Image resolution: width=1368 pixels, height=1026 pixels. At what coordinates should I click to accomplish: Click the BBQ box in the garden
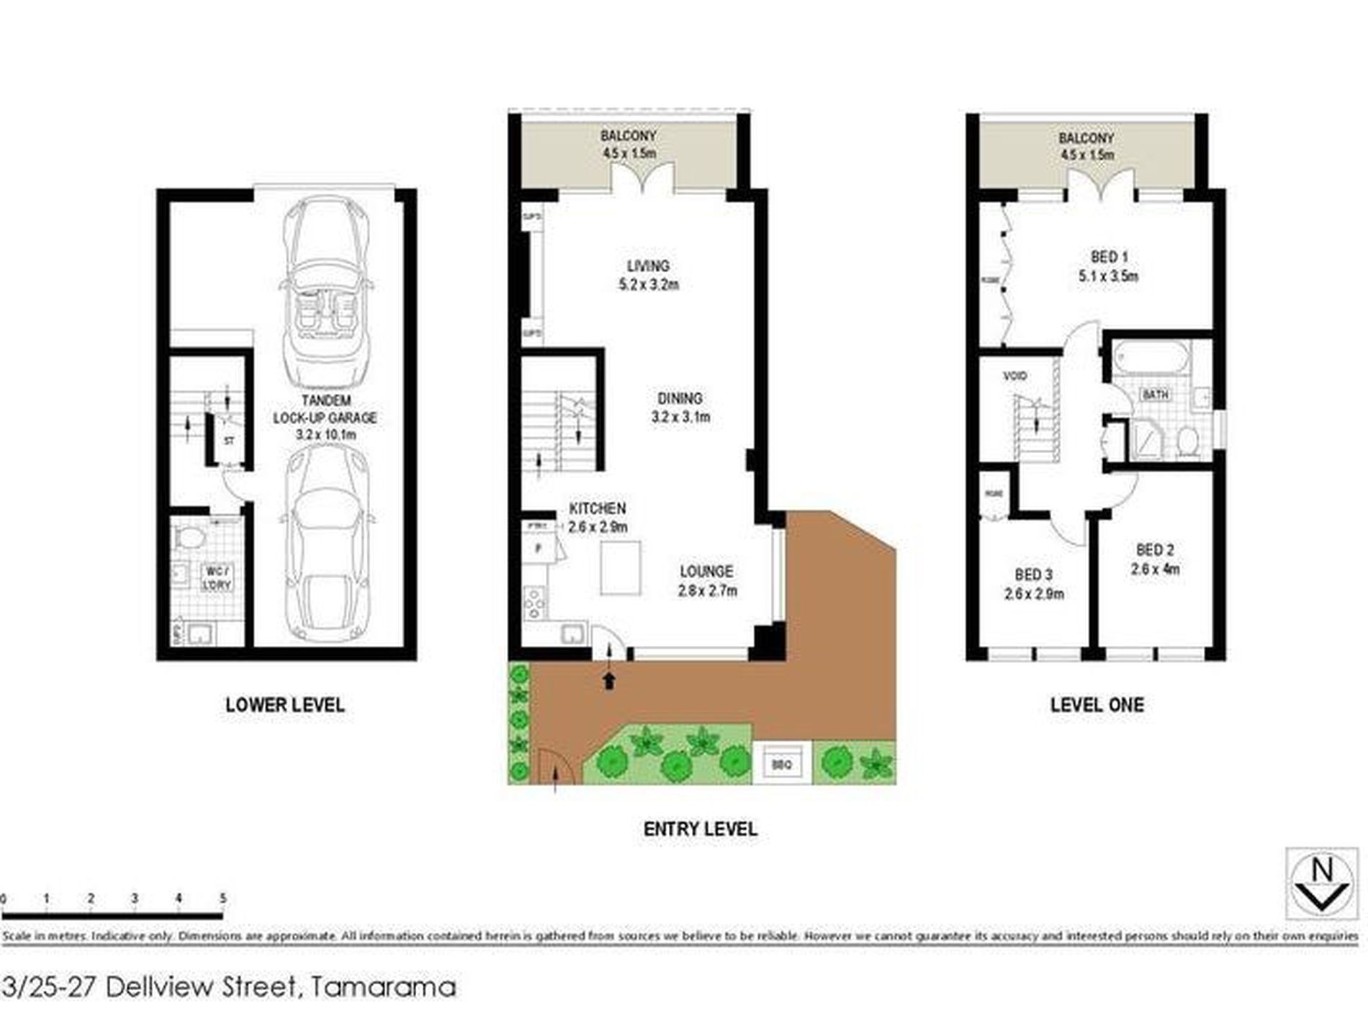(781, 765)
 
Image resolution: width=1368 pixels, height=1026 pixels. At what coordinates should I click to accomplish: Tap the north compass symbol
(1322, 884)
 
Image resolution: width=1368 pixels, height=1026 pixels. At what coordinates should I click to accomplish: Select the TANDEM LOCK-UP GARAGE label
(325, 418)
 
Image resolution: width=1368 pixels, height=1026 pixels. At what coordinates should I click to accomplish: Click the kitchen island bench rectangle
(621, 568)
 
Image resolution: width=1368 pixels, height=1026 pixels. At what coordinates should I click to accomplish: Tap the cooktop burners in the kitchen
(534, 603)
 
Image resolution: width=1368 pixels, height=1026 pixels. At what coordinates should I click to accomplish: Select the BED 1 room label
(1109, 257)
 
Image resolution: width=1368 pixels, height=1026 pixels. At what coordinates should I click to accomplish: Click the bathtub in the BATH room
(1151, 357)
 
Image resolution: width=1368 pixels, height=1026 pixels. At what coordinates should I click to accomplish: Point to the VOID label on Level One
(1015, 376)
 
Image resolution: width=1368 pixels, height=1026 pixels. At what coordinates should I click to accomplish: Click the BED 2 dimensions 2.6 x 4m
(1155, 570)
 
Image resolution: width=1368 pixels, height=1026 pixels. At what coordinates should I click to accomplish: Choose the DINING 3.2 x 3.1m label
(680, 408)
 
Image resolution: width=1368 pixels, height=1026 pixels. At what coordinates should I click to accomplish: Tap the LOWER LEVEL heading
(285, 705)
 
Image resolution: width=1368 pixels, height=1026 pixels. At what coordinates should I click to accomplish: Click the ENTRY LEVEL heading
(700, 829)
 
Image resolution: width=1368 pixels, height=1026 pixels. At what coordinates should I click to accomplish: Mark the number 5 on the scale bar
(222, 898)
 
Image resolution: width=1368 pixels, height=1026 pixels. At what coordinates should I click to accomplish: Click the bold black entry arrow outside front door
(610, 680)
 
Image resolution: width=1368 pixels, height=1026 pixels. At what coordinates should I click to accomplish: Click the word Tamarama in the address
(382, 986)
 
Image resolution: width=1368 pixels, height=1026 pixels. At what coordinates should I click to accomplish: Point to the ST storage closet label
(229, 441)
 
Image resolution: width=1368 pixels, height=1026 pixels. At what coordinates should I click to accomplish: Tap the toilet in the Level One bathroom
(1187, 441)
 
